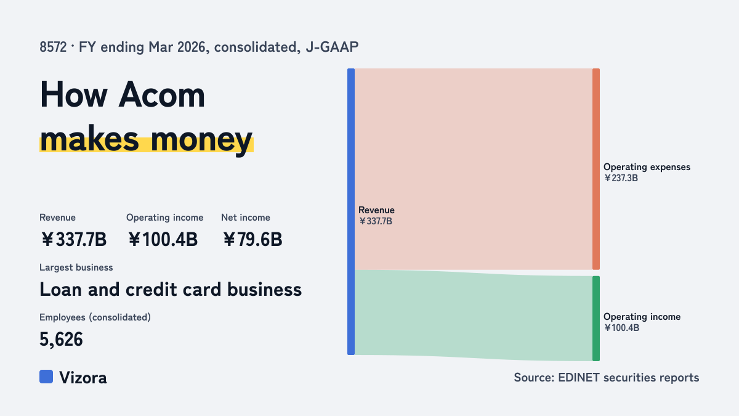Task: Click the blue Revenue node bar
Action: [x=351, y=211]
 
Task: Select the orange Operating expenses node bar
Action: [x=596, y=169]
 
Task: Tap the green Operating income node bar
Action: [x=596, y=319]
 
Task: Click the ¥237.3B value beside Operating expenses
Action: [x=621, y=178]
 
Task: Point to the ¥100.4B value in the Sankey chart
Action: [x=621, y=328]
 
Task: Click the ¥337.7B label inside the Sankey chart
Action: [x=376, y=221]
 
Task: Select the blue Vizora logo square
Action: [x=46, y=377]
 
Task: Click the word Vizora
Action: [x=83, y=378]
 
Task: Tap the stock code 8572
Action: [x=53, y=47]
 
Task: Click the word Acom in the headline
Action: [x=161, y=95]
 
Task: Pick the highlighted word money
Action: [x=201, y=140]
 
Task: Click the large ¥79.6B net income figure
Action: [x=252, y=239]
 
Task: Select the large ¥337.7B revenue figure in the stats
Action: [x=73, y=239]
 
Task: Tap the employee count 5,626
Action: [x=61, y=340]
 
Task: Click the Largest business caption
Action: [x=76, y=267]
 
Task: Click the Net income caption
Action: [x=246, y=218]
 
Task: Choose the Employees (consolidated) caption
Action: [x=95, y=317]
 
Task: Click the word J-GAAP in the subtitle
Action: [x=332, y=47]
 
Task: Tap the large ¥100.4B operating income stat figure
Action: [x=163, y=239]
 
